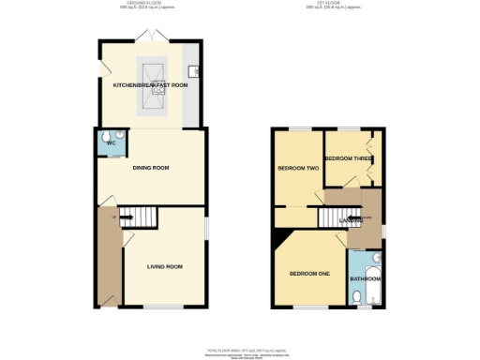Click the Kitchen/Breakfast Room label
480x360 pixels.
[150, 86]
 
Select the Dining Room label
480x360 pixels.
[150, 168]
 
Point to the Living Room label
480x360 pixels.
[164, 266]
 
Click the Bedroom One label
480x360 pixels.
[308, 274]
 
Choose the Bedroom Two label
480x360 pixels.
[296, 169]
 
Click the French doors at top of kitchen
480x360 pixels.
[150, 37]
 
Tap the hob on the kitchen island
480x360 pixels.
[150, 70]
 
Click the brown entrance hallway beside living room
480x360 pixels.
[107, 262]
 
